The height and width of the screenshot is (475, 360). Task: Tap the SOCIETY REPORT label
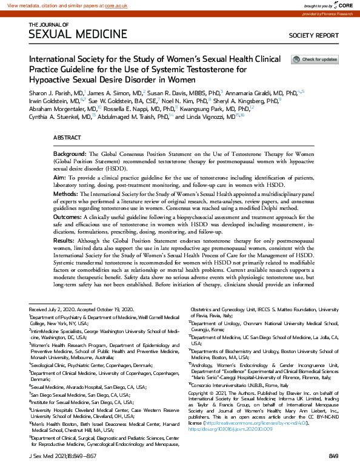(313, 36)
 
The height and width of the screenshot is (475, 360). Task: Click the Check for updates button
(315, 59)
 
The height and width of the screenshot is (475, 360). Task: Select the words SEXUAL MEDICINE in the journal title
(78, 35)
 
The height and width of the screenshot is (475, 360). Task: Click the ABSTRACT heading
(67, 138)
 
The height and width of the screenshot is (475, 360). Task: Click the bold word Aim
(61, 175)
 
